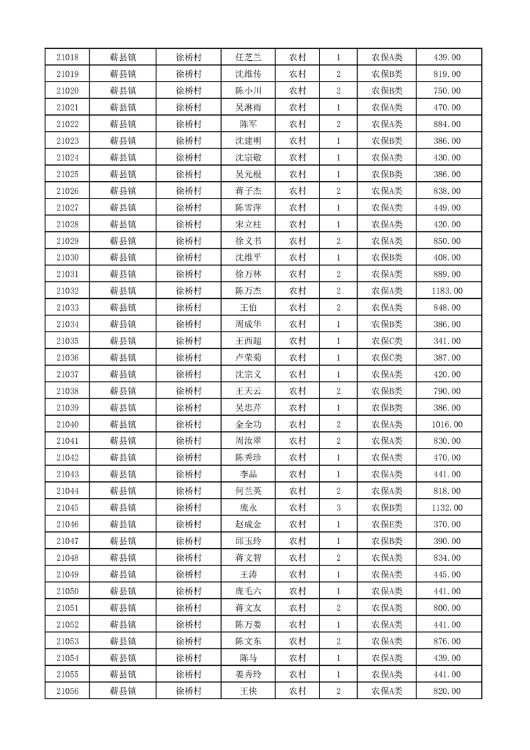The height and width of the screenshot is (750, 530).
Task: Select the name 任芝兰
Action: pyautogui.click(x=249, y=57)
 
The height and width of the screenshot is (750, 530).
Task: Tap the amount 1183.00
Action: pyautogui.click(x=447, y=291)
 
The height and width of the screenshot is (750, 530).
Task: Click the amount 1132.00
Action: pyautogui.click(x=447, y=508)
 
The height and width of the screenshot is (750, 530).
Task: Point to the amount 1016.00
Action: pyautogui.click(x=447, y=424)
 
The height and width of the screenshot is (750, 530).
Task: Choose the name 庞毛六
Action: pyautogui.click(x=249, y=591)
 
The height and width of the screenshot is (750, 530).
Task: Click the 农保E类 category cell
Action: pyautogui.click(x=387, y=525)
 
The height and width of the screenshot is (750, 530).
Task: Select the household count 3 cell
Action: pyautogui.click(x=339, y=508)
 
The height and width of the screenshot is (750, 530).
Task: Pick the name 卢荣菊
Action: pyautogui.click(x=249, y=358)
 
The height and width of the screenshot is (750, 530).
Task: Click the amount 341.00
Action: pyautogui.click(x=447, y=341)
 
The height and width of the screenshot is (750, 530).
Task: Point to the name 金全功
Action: pyautogui.click(x=249, y=424)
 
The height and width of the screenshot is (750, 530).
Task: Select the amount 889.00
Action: pyautogui.click(x=447, y=274)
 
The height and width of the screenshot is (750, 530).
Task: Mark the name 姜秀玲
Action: pyautogui.click(x=249, y=674)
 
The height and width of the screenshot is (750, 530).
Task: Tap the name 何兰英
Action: pyautogui.click(x=249, y=491)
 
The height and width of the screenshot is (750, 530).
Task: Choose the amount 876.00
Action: pyautogui.click(x=447, y=641)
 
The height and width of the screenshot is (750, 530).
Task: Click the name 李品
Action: pyautogui.click(x=249, y=475)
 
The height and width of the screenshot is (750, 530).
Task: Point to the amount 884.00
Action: pyautogui.click(x=447, y=124)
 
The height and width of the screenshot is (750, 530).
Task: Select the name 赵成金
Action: pyautogui.click(x=249, y=525)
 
